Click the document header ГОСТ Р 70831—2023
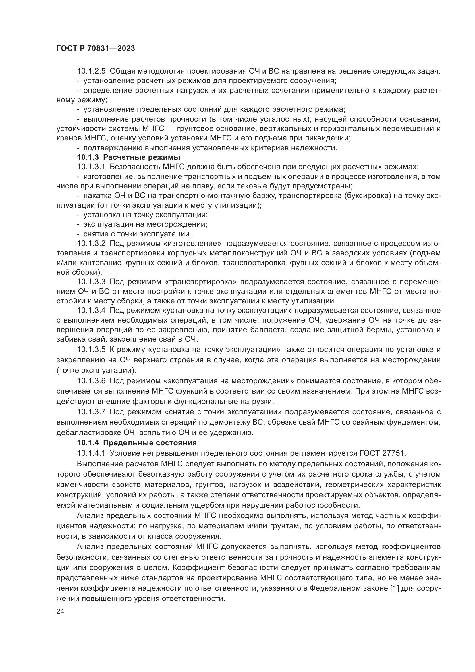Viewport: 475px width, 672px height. pos(96,49)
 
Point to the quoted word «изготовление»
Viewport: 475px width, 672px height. pos(193,244)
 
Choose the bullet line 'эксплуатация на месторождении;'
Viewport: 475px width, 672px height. pos(145,224)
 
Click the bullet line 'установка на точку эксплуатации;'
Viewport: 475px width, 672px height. pos(146,215)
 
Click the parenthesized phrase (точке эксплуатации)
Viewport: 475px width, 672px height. pos(96,371)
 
